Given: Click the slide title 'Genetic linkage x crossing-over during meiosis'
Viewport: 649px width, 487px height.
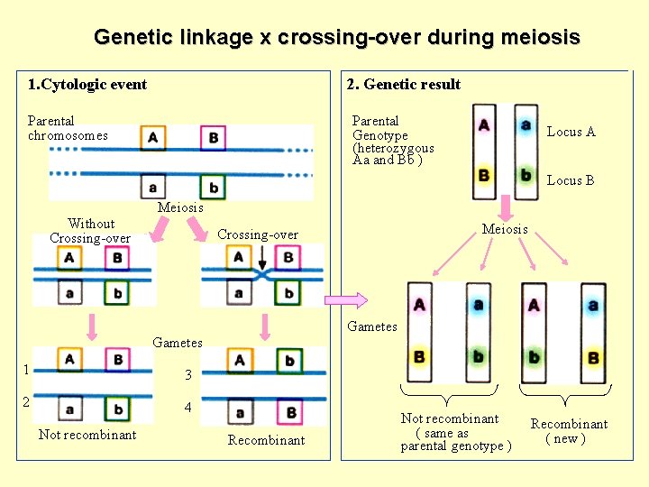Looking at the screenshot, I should pos(336,38).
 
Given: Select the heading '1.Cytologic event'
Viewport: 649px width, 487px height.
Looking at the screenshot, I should pos(87,85).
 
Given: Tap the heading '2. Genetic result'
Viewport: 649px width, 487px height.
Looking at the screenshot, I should pos(404,85).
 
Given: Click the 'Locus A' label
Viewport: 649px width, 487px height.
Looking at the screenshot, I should pos(571,132).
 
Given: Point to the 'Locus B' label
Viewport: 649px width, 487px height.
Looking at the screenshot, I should pos(571,180).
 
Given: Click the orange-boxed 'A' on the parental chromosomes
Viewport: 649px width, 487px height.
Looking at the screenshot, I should pos(152,138).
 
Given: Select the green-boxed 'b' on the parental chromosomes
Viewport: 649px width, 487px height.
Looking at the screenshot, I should pos(214,188).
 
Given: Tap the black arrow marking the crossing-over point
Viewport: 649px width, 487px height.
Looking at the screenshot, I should pos(261,267).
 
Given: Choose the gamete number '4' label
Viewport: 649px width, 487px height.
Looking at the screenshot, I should pos(187,408).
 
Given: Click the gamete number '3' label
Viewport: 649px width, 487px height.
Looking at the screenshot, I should pos(187,375).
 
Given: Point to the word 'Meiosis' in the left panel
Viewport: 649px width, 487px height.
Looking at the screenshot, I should pos(180,207).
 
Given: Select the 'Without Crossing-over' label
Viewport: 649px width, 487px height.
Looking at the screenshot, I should pos(90,231).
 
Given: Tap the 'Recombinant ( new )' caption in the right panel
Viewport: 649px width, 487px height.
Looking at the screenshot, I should pos(569,431).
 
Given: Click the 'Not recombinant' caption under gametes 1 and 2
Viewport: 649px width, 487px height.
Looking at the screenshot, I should pos(87,435).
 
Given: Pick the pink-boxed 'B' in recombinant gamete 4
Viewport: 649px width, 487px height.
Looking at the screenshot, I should pos(291,413).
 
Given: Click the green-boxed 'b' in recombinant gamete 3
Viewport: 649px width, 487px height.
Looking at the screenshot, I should pos(289,361).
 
